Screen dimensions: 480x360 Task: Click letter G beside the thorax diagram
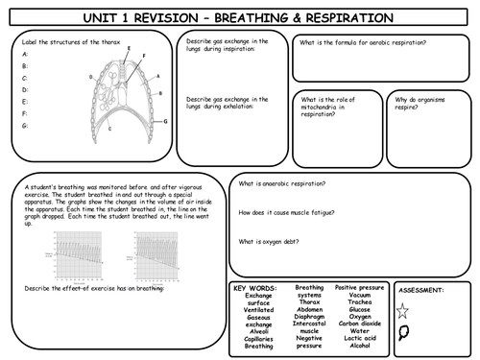[x=165, y=121]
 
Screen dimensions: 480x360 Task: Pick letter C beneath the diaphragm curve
[x=111, y=128]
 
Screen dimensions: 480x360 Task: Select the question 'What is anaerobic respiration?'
[x=281, y=182]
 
